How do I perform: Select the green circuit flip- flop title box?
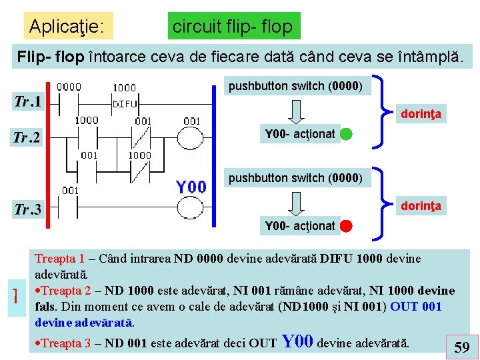[232, 27]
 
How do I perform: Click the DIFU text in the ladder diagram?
[125, 104]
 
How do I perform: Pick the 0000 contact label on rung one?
[69, 87]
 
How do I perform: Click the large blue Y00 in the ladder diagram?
[191, 187]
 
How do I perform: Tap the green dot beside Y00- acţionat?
[346, 134]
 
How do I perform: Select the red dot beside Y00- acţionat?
[346, 226]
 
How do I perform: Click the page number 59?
[461, 347]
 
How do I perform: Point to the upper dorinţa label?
[421, 115]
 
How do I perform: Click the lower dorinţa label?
[421, 207]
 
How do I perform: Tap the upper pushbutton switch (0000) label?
[295, 86]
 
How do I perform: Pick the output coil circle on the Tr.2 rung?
[191, 138]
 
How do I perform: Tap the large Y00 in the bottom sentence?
[298, 342]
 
